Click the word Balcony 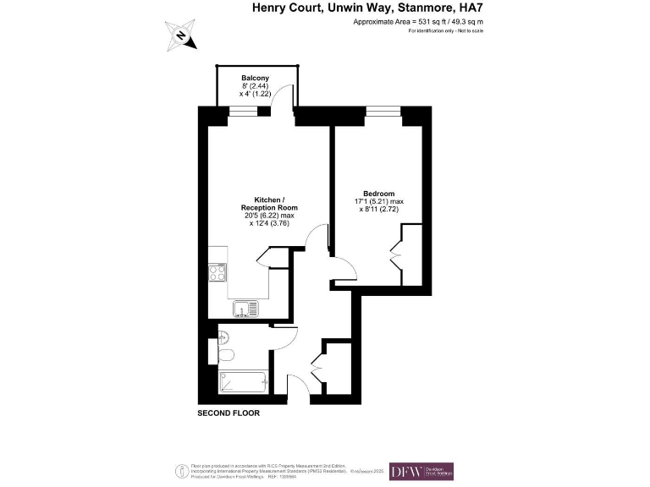point(256,78)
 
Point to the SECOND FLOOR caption point(229,413)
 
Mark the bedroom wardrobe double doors point(395,254)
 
